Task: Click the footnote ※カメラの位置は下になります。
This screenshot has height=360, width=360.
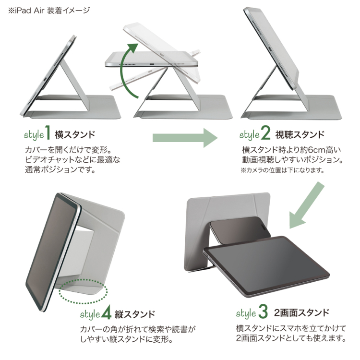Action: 283,170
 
